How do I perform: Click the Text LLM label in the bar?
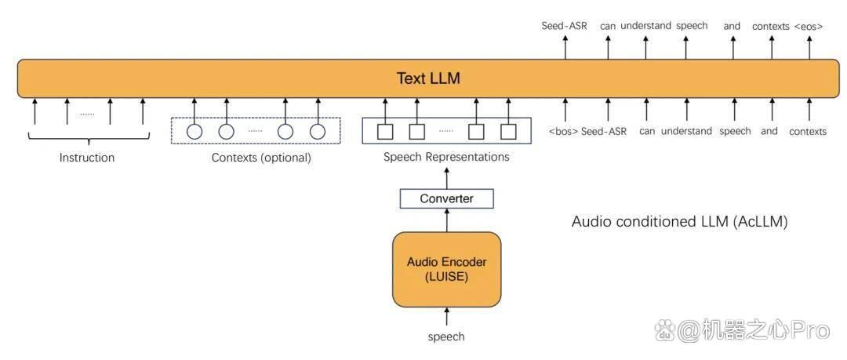click(428, 78)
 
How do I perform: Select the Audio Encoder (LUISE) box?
click(447, 269)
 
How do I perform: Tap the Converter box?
click(447, 198)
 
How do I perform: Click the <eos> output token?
click(809, 26)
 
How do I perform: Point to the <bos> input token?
click(563, 131)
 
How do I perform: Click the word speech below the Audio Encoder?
click(446, 336)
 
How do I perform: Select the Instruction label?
click(87, 158)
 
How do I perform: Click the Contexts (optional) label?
click(261, 158)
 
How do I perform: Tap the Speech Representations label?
click(446, 158)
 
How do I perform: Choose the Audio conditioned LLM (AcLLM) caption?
click(679, 222)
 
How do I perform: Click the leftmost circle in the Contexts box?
click(194, 131)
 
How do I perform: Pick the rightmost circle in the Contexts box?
click(318, 131)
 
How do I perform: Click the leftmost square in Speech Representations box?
click(384, 131)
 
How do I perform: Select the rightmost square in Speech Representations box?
click(509, 131)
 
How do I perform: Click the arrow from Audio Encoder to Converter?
click(447, 220)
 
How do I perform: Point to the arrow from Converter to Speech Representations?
click(447, 177)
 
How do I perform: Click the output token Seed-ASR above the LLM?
click(565, 25)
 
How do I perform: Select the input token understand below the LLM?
click(686, 131)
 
